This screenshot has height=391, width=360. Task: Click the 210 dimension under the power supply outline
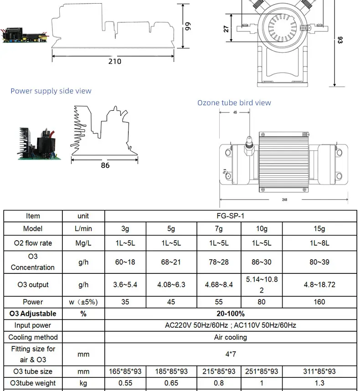[x=114, y=62]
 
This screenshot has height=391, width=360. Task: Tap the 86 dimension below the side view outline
[x=105, y=165]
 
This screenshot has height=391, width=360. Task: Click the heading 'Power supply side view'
[x=51, y=91]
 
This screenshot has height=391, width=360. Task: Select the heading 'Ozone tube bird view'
[x=234, y=103]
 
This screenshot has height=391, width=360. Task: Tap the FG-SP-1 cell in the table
[x=230, y=216]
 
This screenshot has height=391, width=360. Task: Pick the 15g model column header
[x=319, y=228]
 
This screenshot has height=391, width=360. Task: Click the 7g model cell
[x=219, y=228]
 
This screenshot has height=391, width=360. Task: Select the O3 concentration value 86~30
[x=262, y=262]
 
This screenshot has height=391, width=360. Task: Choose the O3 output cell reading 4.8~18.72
[x=319, y=285]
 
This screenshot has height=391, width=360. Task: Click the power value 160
[x=319, y=302]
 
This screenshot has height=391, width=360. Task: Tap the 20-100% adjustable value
[x=230, y=314]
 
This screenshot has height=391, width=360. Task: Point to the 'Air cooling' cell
[x=230, y=337]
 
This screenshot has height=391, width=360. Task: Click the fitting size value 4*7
[x=230, y=354]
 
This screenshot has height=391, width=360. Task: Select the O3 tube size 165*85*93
[x=125, y=371]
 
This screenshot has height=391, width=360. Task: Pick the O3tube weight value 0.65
[x=171, y=383]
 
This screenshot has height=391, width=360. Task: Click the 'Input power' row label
[x=33, y=325]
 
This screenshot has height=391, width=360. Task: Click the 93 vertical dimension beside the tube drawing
[x=340, y=40]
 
